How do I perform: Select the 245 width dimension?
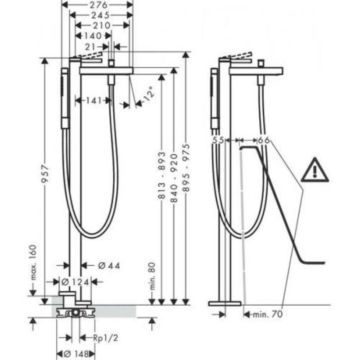coord(100,15)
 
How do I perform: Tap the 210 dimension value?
coord(102,25)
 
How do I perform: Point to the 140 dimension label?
coord(93,36)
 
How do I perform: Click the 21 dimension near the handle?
coord(90,47)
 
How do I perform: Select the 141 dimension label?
coord(94,100)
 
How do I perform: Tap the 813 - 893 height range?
coord(162,175)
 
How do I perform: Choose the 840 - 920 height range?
coord(174,178)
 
